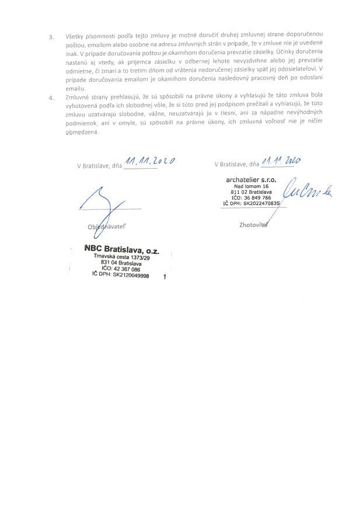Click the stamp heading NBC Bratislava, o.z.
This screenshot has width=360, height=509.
125,250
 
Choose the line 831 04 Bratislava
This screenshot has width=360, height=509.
120,264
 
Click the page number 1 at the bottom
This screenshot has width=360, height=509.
166,278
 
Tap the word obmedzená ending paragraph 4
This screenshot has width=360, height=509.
82,132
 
